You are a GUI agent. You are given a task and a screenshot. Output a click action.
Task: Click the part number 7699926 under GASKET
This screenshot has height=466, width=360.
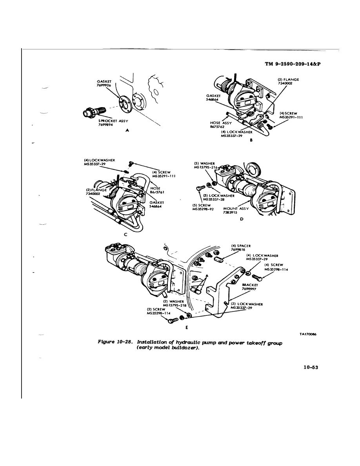(x=104, y=85)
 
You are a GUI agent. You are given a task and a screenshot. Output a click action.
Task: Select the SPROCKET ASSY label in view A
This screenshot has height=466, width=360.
(x=113, y=121)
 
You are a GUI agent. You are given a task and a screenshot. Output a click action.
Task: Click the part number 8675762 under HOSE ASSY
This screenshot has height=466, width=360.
(x=217, y=126)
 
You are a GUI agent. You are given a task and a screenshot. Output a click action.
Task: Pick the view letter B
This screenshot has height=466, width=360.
(x=251, y=140)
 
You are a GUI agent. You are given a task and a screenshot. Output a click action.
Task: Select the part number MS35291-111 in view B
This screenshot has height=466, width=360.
(x=291, y=117)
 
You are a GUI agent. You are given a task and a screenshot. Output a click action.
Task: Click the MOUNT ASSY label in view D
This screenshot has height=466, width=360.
(x=236, y=209)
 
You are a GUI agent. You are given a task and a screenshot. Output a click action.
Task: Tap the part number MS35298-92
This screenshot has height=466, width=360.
(x=203, y=209)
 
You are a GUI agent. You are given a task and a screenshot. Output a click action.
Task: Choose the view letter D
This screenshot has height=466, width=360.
(x=242, y=219)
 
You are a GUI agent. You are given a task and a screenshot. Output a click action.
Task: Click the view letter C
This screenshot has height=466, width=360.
(x=125, y=235)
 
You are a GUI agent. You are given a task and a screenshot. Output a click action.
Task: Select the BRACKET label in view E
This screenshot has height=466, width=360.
(x=250, y=285)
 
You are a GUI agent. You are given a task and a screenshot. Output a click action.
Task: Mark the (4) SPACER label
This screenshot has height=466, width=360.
(x=241, y=246)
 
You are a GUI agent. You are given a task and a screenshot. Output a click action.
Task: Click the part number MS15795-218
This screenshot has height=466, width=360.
(x=175, y=305)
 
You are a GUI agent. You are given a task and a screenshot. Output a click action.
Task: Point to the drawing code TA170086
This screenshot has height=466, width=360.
(x=308, y=334)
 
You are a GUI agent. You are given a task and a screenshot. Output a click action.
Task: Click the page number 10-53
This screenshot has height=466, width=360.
(x=311, y=367)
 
